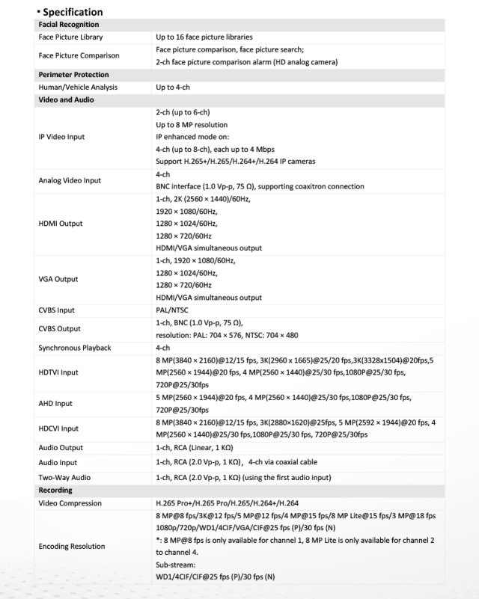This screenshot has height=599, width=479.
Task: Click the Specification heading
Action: [72, 12]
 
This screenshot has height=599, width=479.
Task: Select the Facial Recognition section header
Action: [69, 25]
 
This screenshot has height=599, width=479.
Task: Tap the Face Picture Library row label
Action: [71, 37]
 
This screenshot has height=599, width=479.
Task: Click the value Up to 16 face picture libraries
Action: [204, 37]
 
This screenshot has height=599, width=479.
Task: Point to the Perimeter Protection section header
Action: [73, 75]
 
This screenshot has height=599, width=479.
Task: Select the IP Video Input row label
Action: [62, 137]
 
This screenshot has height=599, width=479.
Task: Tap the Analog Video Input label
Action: [70, 180]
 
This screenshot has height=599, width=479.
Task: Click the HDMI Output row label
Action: [61, 224]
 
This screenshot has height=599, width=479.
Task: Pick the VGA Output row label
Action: [58, 279]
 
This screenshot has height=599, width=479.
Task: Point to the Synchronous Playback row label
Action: [74, 348]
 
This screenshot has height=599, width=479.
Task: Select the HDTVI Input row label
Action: [58, 372]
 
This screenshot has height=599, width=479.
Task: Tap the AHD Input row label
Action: [55, 403]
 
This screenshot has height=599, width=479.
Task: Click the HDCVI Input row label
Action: [58, 428]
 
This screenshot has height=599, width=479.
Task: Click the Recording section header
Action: [55, 491]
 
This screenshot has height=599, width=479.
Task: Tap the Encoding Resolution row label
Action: [72, 547]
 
